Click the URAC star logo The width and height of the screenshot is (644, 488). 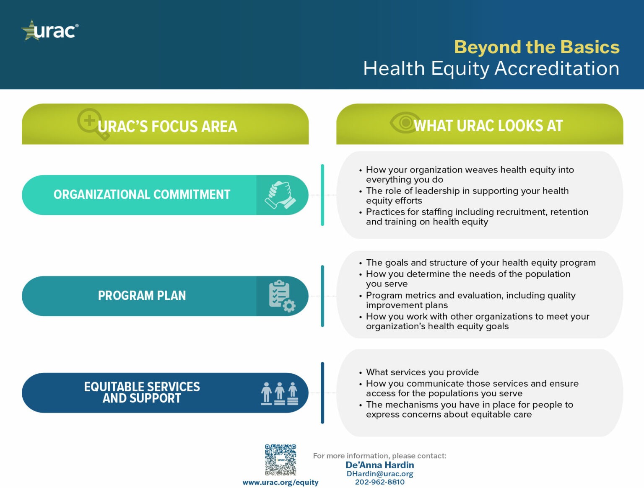[x=49, y=31]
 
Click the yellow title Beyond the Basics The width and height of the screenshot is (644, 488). [x=536, y=47]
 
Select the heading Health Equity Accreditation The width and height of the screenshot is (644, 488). [x=491, y=68]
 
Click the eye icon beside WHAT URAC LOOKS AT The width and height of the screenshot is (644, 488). [x=404, y=123]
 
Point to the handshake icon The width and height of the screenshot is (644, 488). [x=280, y=195]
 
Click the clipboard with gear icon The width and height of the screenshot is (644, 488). [x=281, y=296]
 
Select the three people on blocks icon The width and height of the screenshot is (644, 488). [x=280, y=393]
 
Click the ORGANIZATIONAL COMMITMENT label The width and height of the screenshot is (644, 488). [x=142, y=195]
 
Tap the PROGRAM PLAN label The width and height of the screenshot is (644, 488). [x=142, y=296]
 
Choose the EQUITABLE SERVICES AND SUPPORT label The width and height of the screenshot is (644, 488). [x=142, y=392]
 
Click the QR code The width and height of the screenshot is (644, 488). [x=280, y=460]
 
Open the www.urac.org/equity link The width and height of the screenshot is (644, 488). [x=280, y=483]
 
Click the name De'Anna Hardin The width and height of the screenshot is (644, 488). [x=379, y=465]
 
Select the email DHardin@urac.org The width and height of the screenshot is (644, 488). [x=379, y=474]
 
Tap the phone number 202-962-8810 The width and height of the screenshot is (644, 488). [x=379, y=482]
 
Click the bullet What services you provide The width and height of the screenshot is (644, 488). [x=422, y=372]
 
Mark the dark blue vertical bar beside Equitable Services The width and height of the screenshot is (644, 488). [x=322, y=392]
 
